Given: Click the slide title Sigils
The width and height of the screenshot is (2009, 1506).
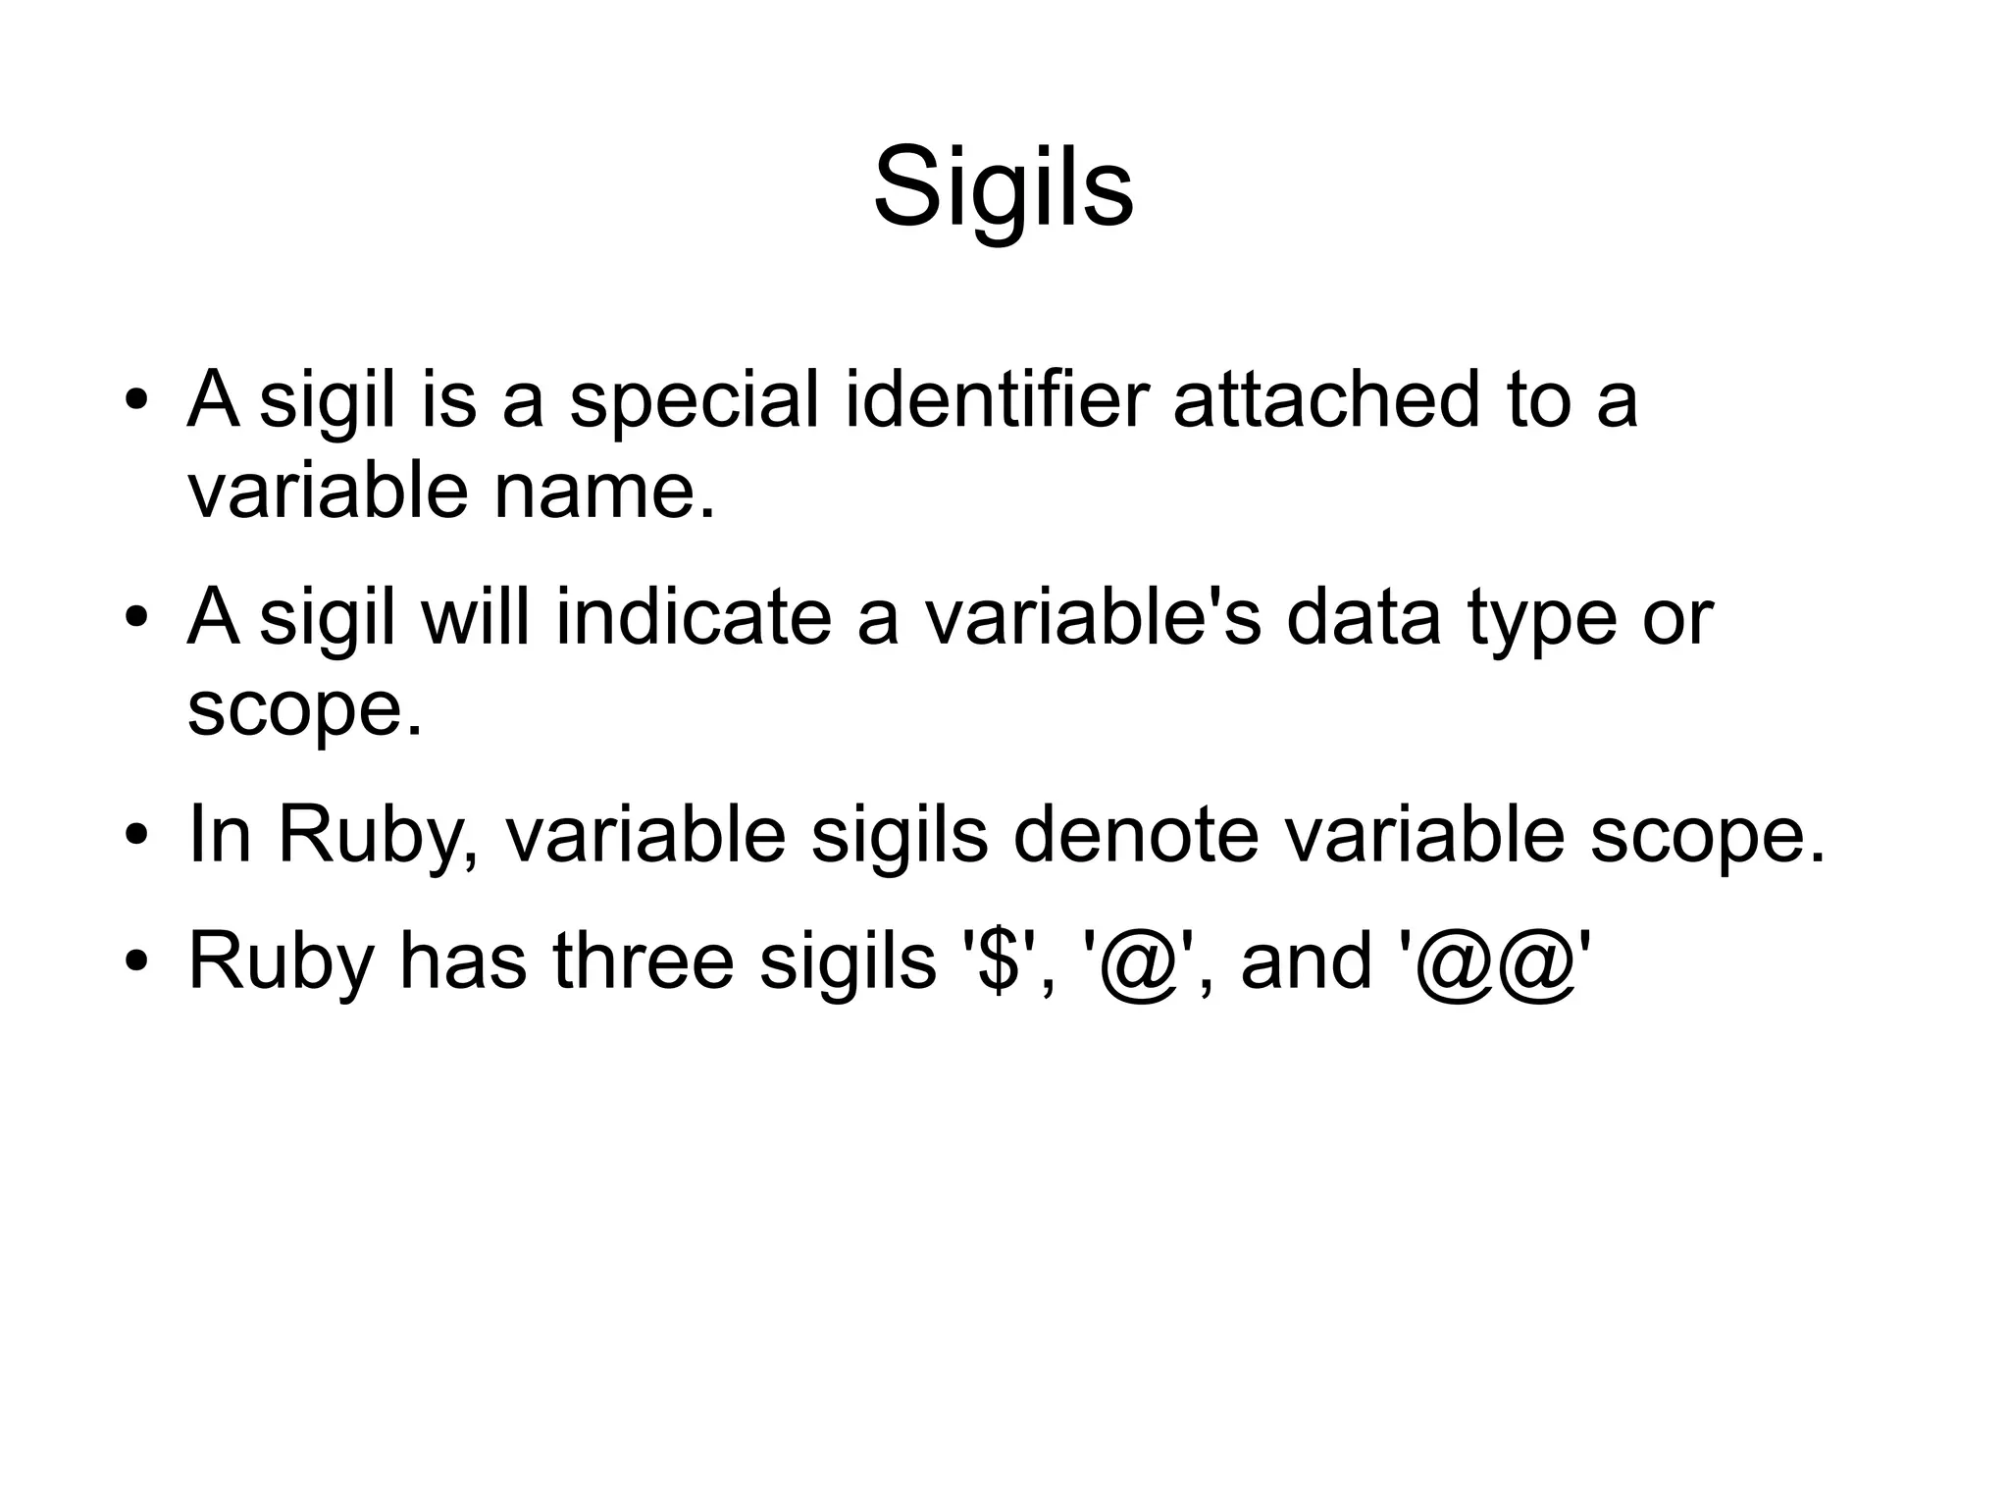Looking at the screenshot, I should [1003, 186].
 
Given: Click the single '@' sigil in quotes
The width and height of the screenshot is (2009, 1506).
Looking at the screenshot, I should [1139, 963].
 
